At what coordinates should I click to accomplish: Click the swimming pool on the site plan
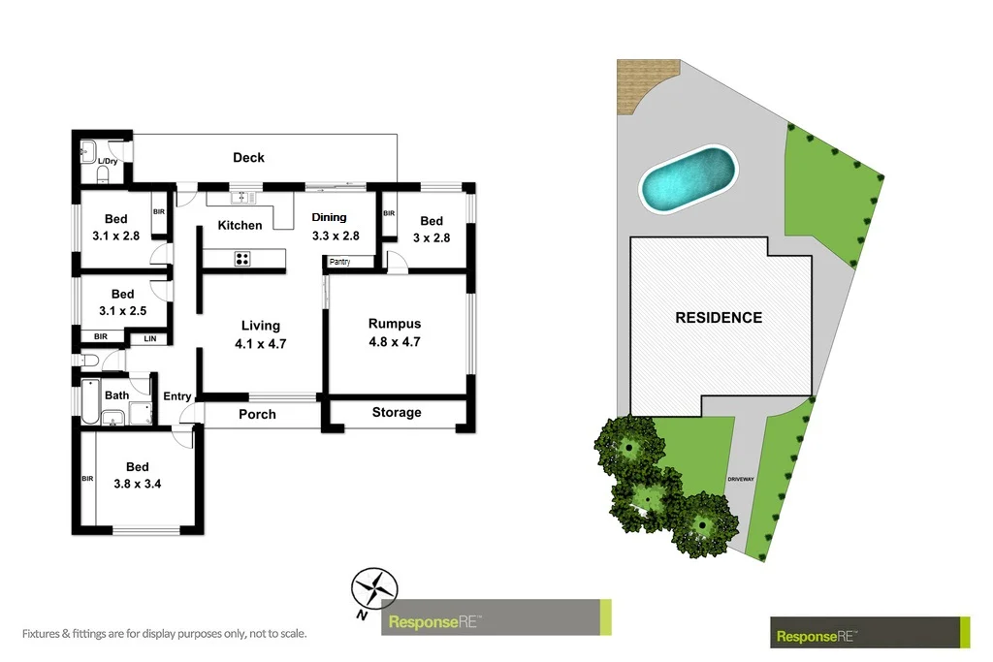[x=688, y=179]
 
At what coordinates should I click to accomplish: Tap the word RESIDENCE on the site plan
[x=719, y=317]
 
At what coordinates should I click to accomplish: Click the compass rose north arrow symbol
[x=373, y=588]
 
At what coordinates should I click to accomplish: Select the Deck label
[x=248, y=157]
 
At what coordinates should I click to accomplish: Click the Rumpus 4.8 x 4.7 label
[x=395, y=332]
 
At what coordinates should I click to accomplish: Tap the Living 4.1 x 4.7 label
[x=260, y=334]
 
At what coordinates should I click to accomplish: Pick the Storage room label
[x=397, y=412]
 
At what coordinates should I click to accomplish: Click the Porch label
[x=257, y=414]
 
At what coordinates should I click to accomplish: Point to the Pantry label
[x=339, y=262]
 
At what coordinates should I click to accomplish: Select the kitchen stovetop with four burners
[x=242, y=258]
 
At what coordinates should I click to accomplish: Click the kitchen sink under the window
[x=242, y=198]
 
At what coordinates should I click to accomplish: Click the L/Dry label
[x=108, y=161]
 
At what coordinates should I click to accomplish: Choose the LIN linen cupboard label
[x=150, y=338]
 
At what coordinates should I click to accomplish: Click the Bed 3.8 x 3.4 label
[x=137, y=475]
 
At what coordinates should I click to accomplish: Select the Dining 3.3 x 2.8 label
[x=336, y=227]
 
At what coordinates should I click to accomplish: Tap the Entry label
[x=177, y=395]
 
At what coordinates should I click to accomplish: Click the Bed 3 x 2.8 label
[x=432, y=229]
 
